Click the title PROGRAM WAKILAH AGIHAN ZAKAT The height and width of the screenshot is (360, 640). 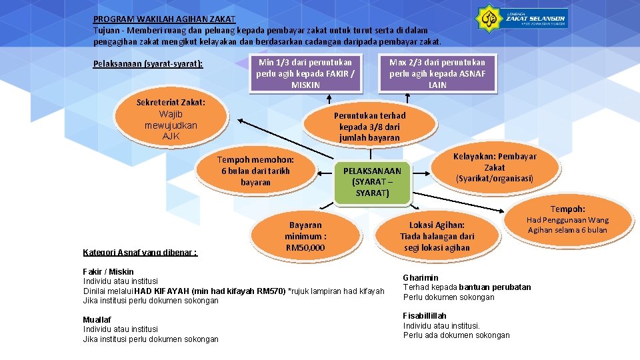(164, 19)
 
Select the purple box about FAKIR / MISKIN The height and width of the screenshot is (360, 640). (305, 73)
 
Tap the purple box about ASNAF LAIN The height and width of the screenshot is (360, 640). (437, 73)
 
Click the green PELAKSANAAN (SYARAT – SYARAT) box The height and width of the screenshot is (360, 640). (372, 182)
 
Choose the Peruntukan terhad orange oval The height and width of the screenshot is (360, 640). (369, 126)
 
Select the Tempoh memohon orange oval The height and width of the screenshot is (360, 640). (255, 171)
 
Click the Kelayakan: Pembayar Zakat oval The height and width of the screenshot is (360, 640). (495, 167)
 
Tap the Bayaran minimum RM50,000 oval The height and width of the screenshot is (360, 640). (305, 236)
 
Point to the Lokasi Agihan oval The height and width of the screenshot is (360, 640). (437, 236)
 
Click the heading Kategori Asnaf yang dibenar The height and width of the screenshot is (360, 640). (140, 253)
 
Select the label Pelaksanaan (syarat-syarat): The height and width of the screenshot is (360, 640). (148, 64)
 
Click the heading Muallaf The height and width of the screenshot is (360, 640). (97, 319)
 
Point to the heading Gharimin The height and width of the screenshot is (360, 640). (421, 277)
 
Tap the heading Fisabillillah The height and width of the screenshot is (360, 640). (425, 315)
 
